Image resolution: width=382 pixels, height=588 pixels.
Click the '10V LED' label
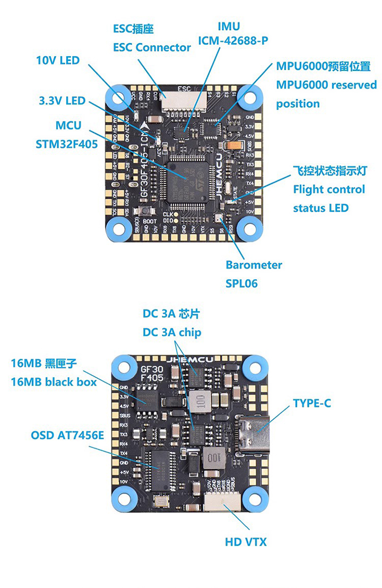pos(58,60)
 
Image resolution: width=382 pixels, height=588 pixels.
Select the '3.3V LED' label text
pos(62,100)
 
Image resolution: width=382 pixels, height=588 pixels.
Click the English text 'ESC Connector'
pos(152,47)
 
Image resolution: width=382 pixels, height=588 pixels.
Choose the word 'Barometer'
pos(254,265)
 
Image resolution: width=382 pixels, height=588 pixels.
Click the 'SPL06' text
pos(241,283)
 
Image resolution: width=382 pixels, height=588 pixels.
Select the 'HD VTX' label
pos(246,542)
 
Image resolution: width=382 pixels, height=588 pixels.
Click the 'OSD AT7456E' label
pos(67,436)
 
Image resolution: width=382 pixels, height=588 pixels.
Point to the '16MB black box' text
pos(54,382)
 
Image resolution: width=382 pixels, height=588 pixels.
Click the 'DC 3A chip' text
pos(172,332)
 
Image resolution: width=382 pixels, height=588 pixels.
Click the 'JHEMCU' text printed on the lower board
pos(189,360)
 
